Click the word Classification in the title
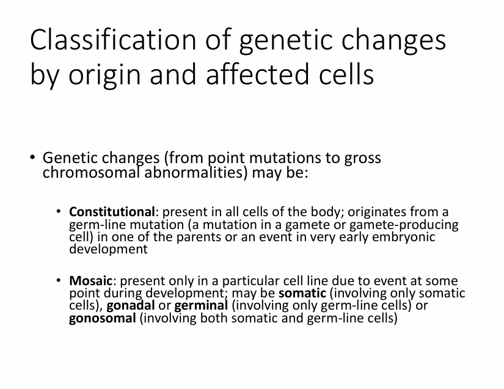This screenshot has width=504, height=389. click(113, 40)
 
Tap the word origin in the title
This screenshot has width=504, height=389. click(104, 75)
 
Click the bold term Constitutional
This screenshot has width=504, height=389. click(112, 212)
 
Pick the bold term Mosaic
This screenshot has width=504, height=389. click(90, 281)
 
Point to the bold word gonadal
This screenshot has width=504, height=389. click(131, 305)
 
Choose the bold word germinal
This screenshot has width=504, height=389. click(201, 305)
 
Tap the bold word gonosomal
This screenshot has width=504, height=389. click(103, 318)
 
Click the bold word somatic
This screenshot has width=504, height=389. click(302, 293)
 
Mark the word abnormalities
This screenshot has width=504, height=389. click(195, 173)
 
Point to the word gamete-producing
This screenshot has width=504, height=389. click(404, 225)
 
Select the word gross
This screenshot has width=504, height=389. click(362, 158)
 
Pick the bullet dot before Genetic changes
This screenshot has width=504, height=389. click(32, 157)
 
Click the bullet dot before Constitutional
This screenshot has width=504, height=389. click(59, 211)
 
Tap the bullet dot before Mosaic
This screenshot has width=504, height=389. click(59, 280)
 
